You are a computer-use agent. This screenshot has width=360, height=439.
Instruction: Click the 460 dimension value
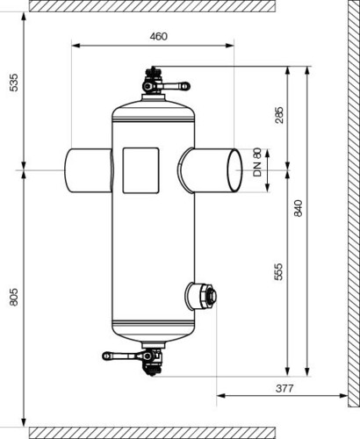click(x=158, y=37)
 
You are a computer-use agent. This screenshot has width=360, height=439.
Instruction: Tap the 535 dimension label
click(x=14, y=83)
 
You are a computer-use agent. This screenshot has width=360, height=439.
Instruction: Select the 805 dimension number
click(x=14, y=297)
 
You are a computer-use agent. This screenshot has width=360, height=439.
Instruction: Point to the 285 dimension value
click(x=279, y=115)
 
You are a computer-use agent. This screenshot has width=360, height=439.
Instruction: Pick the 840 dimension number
click(x=298, y=208)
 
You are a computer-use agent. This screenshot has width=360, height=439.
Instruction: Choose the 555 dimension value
click(x=279, y=272)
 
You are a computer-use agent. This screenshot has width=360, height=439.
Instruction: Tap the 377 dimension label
click(x=284, y=388)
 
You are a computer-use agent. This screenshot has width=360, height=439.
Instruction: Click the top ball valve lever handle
click(x=173, y=86)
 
